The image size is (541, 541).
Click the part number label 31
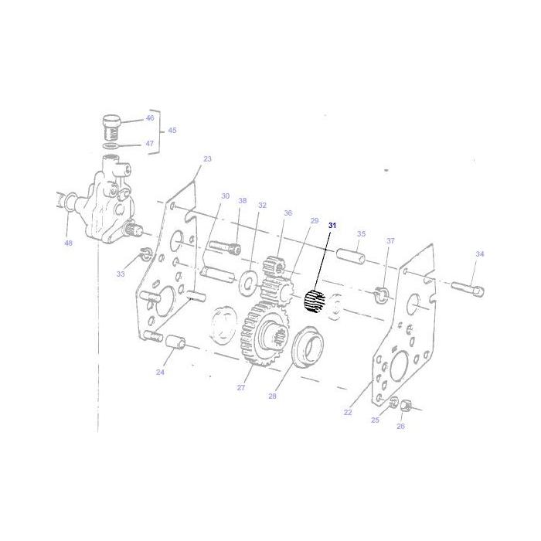[x=333, y=225]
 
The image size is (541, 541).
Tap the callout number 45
[x=172, y=130]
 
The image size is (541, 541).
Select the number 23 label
[x=207, y=159]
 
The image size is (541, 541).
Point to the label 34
[x=480, y=254]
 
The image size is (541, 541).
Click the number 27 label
[x=240, y=387]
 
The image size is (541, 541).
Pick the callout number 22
[x=348, y=412]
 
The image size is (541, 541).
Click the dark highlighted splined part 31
[x=314, y=302]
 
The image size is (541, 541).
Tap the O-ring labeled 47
[x=111, y=146]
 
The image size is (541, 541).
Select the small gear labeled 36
[x=275, y=271]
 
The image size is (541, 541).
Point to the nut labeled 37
[x=381, y=294]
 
